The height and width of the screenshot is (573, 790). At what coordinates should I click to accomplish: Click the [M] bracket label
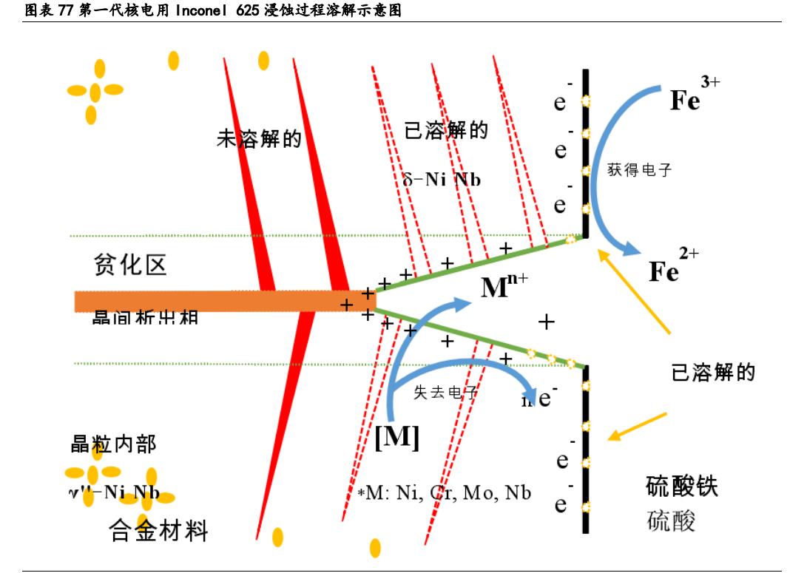(397, 438)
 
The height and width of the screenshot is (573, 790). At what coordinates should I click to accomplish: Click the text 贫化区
(131, 265)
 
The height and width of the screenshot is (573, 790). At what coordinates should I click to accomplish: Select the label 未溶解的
(259, 138)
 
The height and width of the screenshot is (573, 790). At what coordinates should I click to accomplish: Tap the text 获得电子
(639, 170)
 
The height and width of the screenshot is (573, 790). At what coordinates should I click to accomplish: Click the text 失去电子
(445, 393)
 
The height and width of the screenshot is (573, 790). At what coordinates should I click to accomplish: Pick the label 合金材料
(159, 530)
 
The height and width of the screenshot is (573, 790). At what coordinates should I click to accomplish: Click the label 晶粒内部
(113, 444)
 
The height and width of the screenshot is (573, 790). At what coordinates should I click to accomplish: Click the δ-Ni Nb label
(442, 180)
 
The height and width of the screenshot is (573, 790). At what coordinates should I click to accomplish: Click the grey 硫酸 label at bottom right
(671, 521)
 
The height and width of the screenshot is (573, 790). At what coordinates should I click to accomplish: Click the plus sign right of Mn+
(546, 321)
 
